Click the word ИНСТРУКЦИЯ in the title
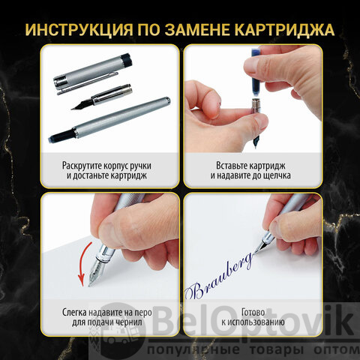coord(79,30)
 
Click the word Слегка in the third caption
coord(74,313)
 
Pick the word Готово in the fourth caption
coord(253,312)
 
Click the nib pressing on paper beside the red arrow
coord(95,271)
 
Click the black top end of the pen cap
coord(126,60)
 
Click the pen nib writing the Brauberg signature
coord(262,246)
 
